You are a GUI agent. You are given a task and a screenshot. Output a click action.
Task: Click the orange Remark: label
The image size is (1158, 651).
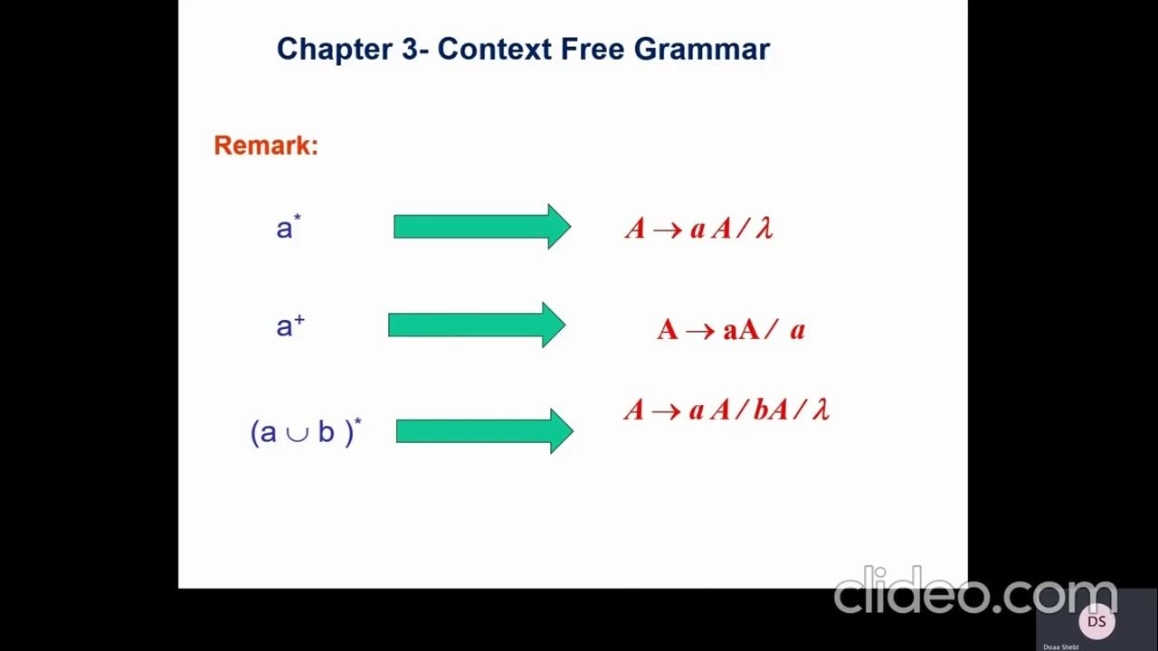(266, 146)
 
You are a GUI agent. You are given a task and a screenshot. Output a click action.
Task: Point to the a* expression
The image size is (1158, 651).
(288, 227)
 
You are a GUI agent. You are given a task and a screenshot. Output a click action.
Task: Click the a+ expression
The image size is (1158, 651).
(289, 325)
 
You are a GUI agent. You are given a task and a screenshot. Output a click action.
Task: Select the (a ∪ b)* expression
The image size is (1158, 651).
(305, 432)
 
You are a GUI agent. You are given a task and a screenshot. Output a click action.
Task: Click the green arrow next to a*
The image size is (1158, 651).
(482, 226)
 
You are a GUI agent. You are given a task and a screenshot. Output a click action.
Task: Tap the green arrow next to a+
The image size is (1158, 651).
(477, 325)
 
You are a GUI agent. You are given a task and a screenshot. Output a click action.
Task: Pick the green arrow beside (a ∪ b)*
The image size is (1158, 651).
(485, 431)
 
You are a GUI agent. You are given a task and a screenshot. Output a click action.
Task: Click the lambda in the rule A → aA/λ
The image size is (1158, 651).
(764, 229)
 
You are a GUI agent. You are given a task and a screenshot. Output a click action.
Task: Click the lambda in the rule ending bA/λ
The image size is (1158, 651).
(821, 410)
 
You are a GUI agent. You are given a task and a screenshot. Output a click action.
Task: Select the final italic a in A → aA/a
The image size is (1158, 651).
(797, 330)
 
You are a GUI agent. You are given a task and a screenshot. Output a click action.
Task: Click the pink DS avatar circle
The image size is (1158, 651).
(1096, 622)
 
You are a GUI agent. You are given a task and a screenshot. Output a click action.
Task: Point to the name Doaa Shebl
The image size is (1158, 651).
(1061, 646)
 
